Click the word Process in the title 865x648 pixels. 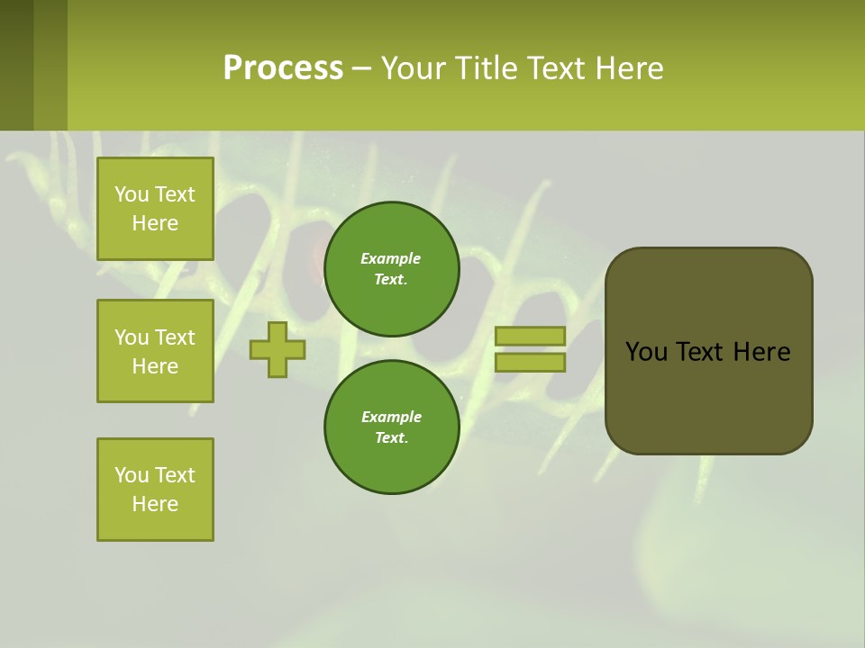(x=283, y=68)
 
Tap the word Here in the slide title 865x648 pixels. (x=627, y=68)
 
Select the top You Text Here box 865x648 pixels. (x=155, y=209)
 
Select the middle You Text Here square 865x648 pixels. (x=155, y=351)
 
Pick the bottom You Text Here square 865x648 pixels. (x=155, y=490)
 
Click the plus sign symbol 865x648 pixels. (x=278, y=349)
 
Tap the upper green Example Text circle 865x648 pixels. (x=391, y=269)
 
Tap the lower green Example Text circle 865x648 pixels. (x=391, y=427)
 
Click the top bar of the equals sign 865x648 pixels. (x=530, y=337)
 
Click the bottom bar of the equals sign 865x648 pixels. (x=530, y=363)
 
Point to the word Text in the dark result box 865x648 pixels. (x=701, y=352)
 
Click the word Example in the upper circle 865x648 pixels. (x=391, y=258)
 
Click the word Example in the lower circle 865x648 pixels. (x=391, y=417)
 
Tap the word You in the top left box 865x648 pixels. (x=131, y=194)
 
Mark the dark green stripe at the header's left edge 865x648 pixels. (x=16, y=65)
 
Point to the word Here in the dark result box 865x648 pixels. (x=761, y=352)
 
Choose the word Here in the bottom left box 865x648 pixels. (x=155, y=504)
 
